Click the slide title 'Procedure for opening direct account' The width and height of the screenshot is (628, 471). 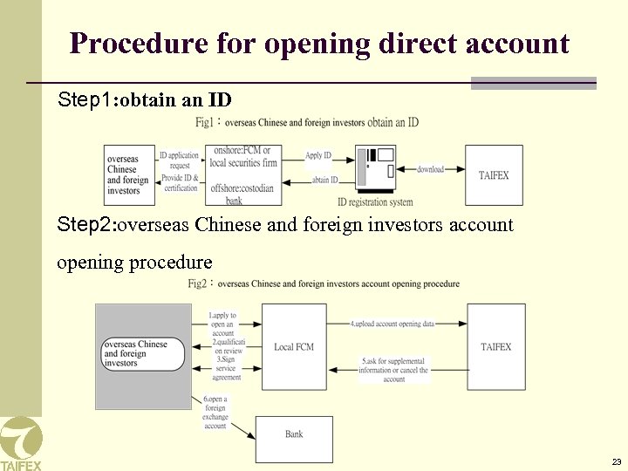click(319, 43)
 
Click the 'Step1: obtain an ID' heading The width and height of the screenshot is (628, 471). click(144, 99)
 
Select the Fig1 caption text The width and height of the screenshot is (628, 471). click(307, 122)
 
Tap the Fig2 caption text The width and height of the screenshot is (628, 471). click(324, 283)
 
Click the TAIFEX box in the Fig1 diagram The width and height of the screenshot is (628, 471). click(494, 175)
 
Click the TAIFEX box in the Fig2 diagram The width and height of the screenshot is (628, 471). click(495, 347)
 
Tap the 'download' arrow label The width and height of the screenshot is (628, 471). click(431, 168)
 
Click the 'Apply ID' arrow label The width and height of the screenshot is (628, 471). click(318, 155)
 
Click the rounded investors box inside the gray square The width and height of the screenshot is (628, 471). click(143, 353)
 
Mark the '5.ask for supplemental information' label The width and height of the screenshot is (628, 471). click(393, 370)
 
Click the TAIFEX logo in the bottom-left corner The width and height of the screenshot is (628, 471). click(20, 443)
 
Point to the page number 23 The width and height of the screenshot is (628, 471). click(617, 461)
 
